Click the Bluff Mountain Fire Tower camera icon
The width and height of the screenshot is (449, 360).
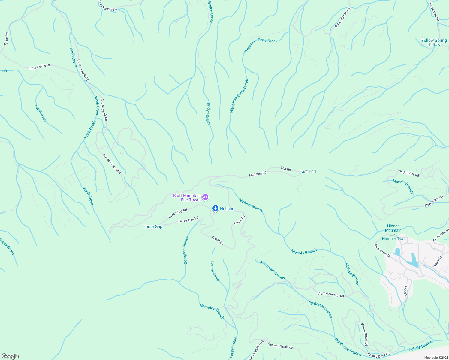[205, 197]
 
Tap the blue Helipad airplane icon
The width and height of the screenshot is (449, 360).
[215, 208]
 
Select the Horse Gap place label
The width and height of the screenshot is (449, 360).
[152, 227]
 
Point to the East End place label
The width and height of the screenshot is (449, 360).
[308, 171]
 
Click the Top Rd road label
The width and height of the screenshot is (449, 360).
[286, 169]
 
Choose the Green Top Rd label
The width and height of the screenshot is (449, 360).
[178, 213]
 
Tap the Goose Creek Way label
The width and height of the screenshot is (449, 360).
[112, 164]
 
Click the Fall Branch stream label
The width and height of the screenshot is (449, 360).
[41, 113]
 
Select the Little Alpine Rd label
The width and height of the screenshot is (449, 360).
[40, 66]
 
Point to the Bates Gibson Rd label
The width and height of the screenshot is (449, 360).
[342, 18]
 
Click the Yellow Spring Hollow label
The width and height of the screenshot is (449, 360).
[434, 42]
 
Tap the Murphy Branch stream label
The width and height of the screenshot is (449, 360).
[403, 186]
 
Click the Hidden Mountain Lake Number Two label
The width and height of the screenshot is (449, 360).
[393, 232]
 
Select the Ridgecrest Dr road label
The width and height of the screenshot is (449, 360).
[382, 251]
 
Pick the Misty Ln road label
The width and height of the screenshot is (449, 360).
[406, 290]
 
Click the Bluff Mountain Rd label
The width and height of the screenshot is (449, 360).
[330, 294]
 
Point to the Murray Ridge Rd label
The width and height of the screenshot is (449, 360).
[364, 334]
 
